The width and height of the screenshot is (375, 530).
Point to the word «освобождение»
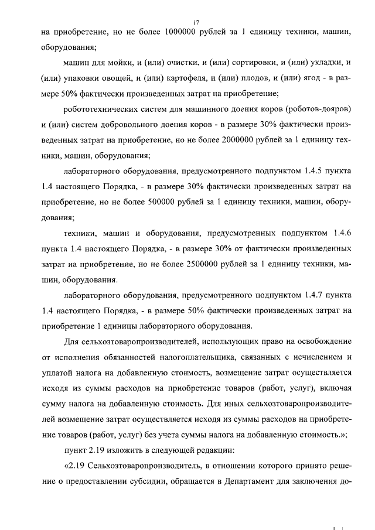coord(318,341)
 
